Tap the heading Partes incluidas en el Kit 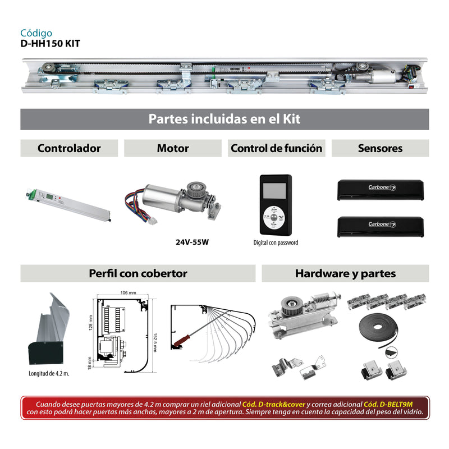click(x=224, y=119)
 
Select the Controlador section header click(x=69, y=148)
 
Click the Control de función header click(x=276, y=148)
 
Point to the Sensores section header click(x=380, y=148)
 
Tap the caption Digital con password click(x=276, y=243)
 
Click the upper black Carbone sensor click(x=379, y=190)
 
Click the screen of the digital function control click(x=275, y=190)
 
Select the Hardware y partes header click(x=345, y=273)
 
